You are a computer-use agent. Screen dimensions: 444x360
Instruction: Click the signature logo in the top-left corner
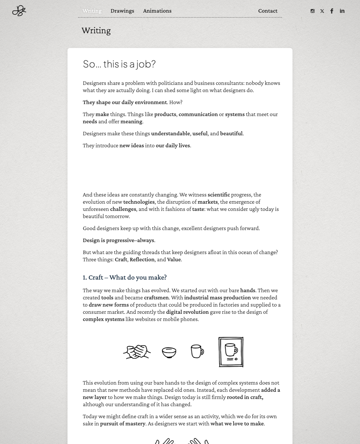tap(19, 11)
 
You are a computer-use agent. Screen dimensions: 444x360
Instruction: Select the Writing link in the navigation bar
tap(92, 11)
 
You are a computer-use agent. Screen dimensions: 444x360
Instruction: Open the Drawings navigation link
tap(122, 11)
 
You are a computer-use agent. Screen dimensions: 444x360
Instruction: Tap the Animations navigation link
tap(157, 11)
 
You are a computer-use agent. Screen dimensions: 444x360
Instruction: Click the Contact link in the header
tap(268, 11)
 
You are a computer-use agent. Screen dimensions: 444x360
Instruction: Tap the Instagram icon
tap(313, 11)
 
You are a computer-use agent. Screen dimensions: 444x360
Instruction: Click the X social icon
tap(322, 11)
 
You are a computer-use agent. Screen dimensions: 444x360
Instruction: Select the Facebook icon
tap(332, 11)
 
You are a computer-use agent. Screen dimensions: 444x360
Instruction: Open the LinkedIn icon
tap(342, 11)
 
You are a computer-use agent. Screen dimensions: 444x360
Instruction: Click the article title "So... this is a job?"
tap(119, 64)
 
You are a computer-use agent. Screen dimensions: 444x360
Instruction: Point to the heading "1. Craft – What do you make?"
tap(124, 277)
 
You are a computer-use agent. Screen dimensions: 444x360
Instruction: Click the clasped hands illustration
tap(137, 352)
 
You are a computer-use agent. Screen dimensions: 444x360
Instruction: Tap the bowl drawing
tap(169, 352)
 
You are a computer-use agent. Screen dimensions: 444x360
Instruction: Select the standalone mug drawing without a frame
tap(197, 351)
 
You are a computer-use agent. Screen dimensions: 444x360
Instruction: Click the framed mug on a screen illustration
tap(231, 352)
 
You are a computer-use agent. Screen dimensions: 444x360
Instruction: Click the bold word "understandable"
tap(170, 133)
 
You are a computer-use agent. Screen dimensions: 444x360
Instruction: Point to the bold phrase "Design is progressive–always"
tap(118, 240)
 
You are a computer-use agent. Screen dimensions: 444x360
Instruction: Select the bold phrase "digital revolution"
tap(187, 312)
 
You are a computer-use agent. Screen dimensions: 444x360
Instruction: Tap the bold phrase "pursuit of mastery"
tap(122, 424)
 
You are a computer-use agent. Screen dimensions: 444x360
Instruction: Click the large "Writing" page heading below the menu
tap(96, 31)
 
